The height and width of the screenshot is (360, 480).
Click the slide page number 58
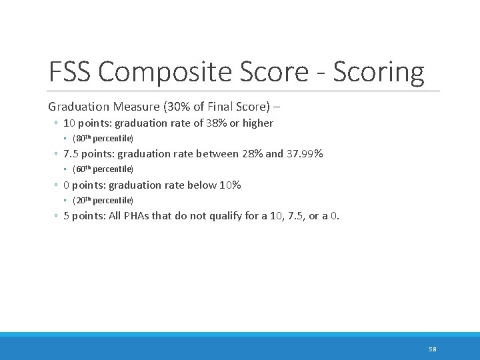point(432,349)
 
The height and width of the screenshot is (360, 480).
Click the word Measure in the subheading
point(133,107)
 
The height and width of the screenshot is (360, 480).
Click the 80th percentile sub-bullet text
point(103,139)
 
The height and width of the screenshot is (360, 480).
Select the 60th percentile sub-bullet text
point(103,169)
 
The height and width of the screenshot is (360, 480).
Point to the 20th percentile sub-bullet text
point(103,201)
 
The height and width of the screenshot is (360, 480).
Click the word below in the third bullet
point(203,185)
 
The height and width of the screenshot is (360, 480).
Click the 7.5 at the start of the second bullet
point(71,154)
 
